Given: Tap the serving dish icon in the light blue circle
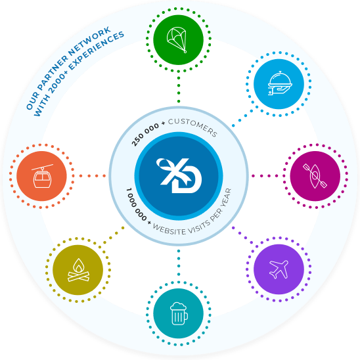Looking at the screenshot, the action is pos(280,83).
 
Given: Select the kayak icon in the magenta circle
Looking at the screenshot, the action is pos(315,176).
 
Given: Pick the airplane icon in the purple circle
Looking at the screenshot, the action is pos(279,269).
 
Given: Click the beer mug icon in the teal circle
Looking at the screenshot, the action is pos(179,313).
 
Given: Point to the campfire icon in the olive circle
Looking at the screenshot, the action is pos(78,270).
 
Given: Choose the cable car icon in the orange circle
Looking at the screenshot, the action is pos(42,176).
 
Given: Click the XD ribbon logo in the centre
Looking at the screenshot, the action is pos(179,175).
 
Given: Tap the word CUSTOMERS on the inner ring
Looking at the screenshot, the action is pos(193,127).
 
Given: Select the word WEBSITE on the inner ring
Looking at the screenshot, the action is pos(169,229).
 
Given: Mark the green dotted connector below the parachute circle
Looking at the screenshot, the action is pos(179,89).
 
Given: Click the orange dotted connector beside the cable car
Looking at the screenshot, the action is pos(92,176).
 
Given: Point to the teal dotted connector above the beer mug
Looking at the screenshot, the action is pos(179,263).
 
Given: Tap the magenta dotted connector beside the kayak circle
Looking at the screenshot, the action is pos(265,176).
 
